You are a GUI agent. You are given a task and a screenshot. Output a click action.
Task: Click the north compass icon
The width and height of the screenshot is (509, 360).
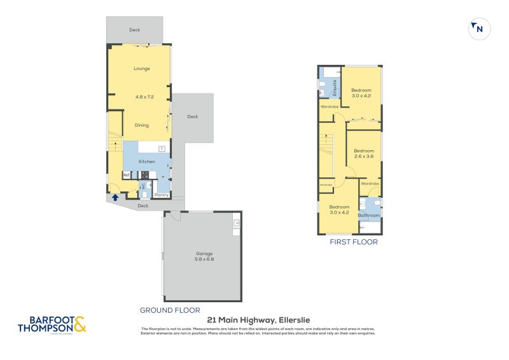[480, 29]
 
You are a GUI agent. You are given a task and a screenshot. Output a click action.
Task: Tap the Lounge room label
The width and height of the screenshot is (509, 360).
[141, 69]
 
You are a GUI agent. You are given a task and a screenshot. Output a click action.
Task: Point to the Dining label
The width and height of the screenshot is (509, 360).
[141, 125]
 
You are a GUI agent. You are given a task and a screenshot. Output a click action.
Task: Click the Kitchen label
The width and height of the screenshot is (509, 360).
[146, 162]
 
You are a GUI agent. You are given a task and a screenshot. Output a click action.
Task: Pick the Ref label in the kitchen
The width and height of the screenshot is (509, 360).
[127, 175]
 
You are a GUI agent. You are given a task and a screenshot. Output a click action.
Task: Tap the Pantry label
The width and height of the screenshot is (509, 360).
[162, 195]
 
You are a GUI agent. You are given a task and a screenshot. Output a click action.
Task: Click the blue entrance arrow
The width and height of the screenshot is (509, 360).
[115, 197]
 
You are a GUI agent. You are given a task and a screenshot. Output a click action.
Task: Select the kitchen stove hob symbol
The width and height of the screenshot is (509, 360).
[144, 175]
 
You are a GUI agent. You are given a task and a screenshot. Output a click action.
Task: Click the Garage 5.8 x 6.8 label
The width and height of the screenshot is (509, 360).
[203, 256]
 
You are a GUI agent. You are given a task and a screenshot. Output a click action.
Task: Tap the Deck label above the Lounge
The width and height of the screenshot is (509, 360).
[134, 30]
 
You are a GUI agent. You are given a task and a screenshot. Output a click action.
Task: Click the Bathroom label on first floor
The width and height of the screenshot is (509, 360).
[368, 215]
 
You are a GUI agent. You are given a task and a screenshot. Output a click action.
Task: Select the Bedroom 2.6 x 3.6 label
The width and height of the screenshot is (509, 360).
[363, 153]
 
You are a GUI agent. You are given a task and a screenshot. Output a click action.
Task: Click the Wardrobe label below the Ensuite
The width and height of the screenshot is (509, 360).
[329, 107]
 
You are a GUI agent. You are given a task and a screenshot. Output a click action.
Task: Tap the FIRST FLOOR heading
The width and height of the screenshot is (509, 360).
[353, 242]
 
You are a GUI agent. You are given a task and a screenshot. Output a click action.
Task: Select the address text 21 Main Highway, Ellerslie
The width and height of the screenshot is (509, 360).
[258, 320]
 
